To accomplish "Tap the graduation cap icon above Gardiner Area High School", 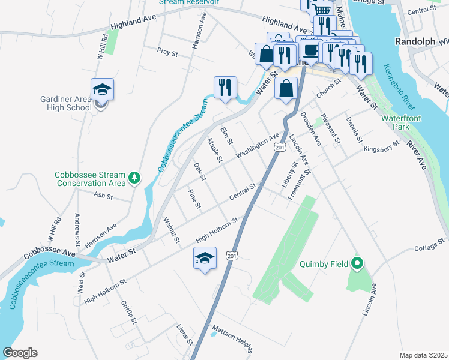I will coord(102,89).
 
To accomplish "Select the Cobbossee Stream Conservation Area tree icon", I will coord(135,178).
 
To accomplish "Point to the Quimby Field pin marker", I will coord(357,263).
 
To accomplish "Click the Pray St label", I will coord(167,53).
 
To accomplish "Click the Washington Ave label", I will coord(259,145).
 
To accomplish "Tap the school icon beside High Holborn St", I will coord(205,259).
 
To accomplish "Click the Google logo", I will coord(20,353).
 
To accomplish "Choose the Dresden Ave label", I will coord(311,128).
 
